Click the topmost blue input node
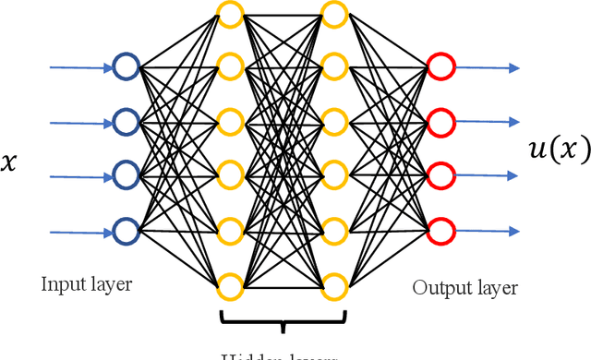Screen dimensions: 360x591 pos(126,66)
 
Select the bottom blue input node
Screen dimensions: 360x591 pos(126,228)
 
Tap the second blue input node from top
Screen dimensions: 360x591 pos(126,120)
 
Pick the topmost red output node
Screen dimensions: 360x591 pos(440,66)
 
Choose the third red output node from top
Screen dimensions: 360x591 pos(440,174)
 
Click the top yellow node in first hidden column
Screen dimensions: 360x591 pos(229,13)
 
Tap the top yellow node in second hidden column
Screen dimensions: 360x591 pos(334,13)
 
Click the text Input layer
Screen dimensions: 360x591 pos(87,284)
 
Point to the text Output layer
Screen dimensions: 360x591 pos(465,287)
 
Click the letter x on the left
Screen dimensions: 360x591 pos(10,163)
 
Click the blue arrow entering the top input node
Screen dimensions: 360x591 pos(78,66)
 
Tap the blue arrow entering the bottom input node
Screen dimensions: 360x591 pos(78,231)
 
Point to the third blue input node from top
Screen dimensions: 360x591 pos(126,174)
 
